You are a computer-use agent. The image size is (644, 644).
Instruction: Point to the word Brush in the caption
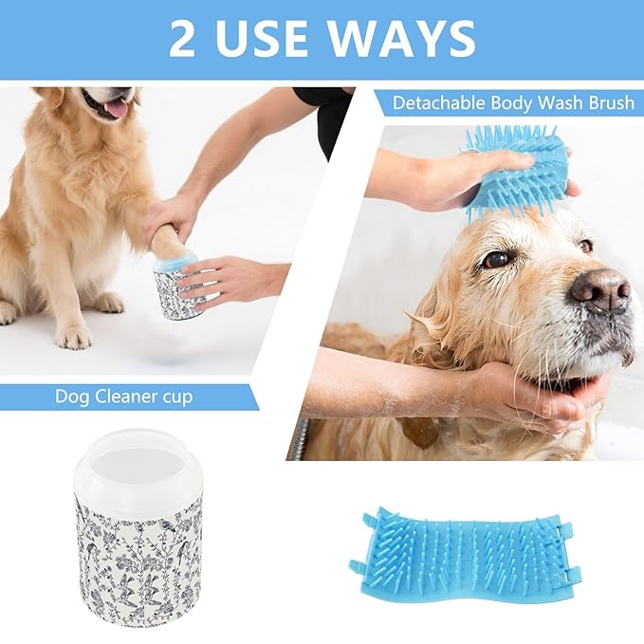coord(608,102)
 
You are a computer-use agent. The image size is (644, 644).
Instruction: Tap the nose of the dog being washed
coord(600,288)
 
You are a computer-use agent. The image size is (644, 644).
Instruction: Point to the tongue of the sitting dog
coord(117,108)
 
